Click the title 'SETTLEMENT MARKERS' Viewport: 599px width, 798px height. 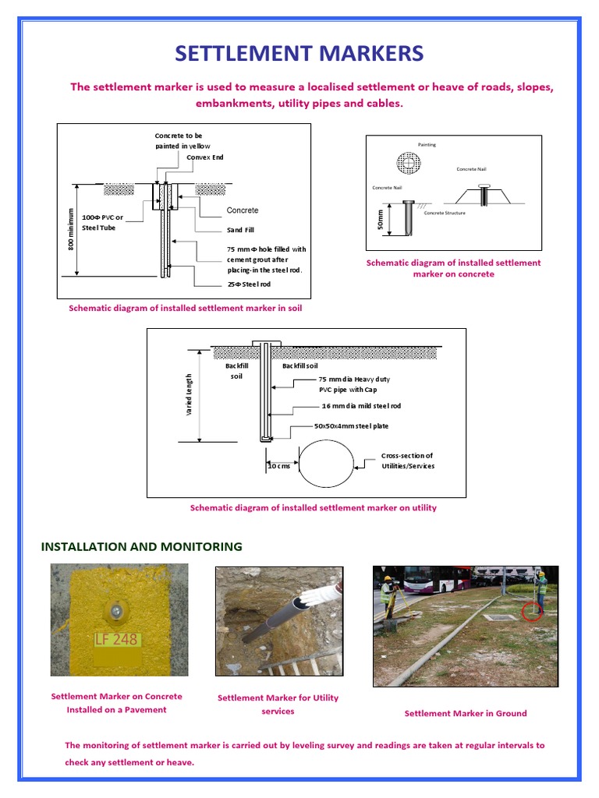click(299, 53)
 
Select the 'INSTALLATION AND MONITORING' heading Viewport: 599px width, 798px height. click(141, 546)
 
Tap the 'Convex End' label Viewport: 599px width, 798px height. click(205, 157)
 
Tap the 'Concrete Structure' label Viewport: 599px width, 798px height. click(444, 213)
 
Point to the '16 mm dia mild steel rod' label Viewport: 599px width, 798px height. click(361, 406)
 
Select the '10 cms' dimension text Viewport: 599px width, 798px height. click(278, 466)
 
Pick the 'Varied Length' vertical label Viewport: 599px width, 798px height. click(189, 394)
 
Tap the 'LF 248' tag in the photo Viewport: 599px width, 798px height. click(116, 640)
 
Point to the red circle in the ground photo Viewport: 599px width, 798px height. click(532, 610)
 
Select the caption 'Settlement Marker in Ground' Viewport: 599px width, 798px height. click(465, 713)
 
